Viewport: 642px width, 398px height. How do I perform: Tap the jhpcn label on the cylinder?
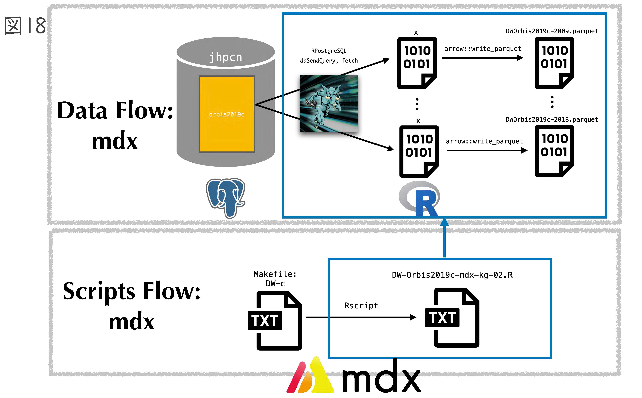[x=226, y=57]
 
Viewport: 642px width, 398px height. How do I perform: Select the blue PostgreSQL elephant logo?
[x=226, y=197]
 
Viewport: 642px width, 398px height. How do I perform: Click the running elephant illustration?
[x=329, y=103]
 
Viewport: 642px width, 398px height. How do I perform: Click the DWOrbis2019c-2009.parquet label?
[x=552, y=31]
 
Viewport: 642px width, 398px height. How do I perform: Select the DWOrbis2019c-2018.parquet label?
[x=552, y=119]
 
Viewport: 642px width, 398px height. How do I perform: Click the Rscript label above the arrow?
[x=361, y=306]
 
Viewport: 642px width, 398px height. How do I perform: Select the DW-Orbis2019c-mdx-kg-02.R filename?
[x=452, y=275]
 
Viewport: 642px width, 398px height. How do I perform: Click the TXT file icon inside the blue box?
[x=452, y=318]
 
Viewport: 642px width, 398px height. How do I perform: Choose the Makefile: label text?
[x=275, y=274]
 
